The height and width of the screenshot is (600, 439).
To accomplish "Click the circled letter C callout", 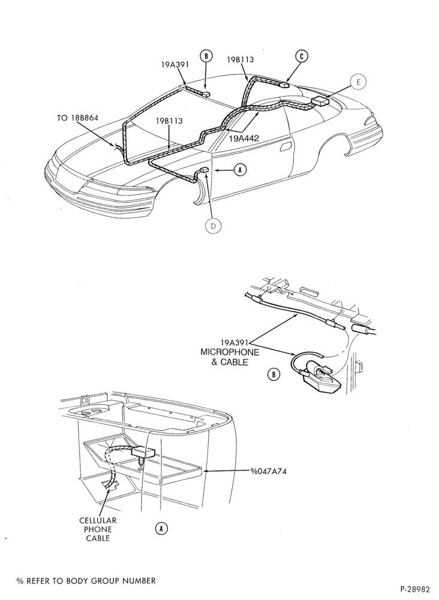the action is (x=302, y=56).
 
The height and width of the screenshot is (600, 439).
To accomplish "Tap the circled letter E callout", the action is (x=358, y=82).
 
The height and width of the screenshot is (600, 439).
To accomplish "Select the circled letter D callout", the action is (x=214, y=226).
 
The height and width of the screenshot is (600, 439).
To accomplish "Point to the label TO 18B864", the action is (x=77, y=118).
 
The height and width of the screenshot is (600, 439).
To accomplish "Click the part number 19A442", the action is (x=244, y=139).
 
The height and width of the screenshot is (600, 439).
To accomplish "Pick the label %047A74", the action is (x=269, y=471).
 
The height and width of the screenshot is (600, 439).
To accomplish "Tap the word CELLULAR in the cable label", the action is (x=98, y=520).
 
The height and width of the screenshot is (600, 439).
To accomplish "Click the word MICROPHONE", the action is (x=230, y=352).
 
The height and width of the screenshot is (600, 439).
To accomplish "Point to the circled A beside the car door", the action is (x=240, y=170).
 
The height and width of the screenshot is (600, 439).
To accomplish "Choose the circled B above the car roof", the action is (x=206, y=56).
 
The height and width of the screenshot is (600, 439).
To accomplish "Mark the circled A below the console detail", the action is (x=161, y=529).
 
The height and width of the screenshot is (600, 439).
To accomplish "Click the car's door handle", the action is (x=285, y=148).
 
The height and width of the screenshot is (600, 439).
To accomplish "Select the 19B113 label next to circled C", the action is (x=240, y=59).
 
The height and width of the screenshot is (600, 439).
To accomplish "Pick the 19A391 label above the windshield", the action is (x=175, y=65).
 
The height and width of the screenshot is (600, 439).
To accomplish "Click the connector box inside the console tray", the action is (x=143, y=452).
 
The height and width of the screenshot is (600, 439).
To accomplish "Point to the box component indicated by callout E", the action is (x=320, y=101).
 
